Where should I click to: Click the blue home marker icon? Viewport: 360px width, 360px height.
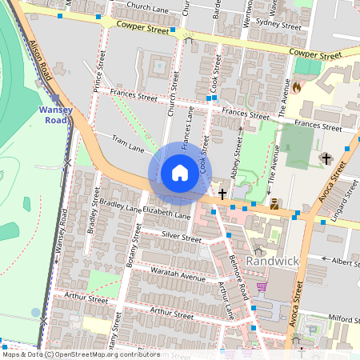180,173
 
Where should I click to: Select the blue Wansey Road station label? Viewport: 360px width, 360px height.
54,114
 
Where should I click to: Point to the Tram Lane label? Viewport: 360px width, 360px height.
128,144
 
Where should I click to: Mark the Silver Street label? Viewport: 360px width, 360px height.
181,238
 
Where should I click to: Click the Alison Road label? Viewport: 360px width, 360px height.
41,61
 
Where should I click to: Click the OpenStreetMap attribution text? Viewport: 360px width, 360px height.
81,354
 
